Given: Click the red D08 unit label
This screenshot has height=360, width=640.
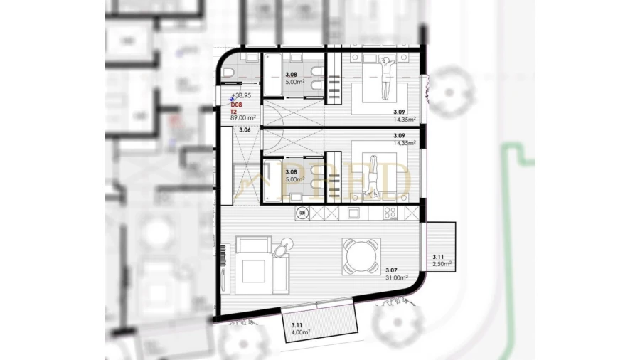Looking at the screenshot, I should (236, 105).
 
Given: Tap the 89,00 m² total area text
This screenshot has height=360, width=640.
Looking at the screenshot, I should (242, 118).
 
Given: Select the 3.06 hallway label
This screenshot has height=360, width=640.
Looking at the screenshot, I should (245, 130).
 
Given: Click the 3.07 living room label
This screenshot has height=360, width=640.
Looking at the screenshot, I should (391, 270).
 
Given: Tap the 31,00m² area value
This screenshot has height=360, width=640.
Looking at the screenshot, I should (396, 277).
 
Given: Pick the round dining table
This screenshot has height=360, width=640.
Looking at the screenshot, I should (360, 256).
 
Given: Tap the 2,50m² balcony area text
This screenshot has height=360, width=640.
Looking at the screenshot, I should (442, 263).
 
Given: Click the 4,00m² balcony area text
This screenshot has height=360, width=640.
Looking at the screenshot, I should (300, 331).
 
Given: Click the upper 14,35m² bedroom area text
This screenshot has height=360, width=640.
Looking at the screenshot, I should (404, 120).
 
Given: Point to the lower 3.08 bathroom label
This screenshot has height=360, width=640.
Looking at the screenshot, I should (291, 171).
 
